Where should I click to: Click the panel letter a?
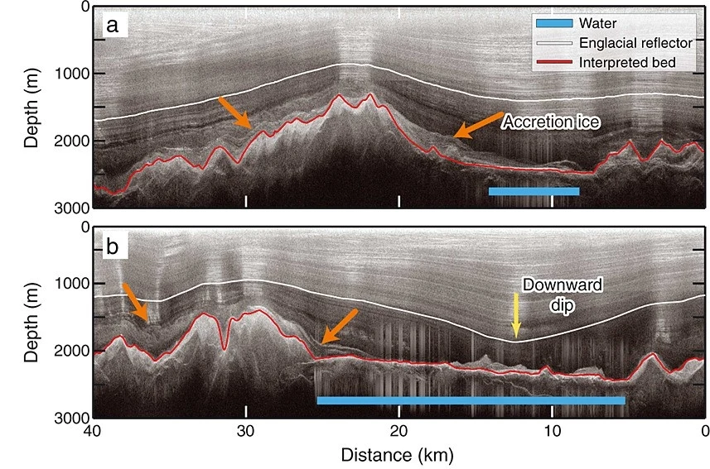[113, 26]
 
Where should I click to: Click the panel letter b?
[113, 246]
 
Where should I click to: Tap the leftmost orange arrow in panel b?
[135, 303]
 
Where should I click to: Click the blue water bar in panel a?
[534, 191]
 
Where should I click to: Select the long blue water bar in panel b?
[471, 400]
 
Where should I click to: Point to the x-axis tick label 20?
[398, 431]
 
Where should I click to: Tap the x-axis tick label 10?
[552, 431]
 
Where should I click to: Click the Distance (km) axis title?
[398, 454]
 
